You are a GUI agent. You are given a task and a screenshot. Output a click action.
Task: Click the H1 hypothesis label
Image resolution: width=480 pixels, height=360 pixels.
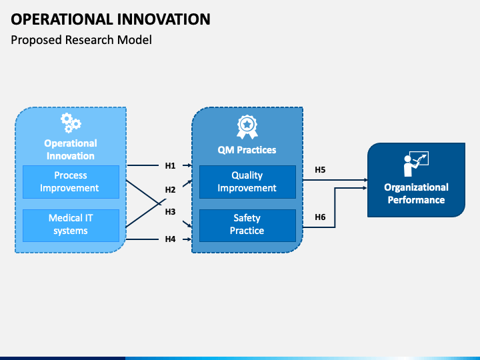tap(170, 165)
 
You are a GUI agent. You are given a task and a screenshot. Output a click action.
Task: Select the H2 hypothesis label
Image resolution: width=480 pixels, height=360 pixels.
tap(170, 190)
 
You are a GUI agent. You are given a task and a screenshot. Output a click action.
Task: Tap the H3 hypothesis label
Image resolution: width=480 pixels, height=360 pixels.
tap(170, 211)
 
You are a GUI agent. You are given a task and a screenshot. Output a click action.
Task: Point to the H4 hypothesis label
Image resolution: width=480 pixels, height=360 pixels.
tap(170, 239)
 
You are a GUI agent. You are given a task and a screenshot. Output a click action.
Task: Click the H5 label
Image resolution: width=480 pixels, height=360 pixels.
tap(320, 170)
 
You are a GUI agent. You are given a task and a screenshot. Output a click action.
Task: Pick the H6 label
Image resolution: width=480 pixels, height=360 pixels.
tap(320, 217)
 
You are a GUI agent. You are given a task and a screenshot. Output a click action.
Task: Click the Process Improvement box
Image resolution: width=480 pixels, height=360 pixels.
tap(71, 182)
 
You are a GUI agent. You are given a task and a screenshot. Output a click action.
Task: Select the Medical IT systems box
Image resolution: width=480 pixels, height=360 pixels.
tap(71, 225)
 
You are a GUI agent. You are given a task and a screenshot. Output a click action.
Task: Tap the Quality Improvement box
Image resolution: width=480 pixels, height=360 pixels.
tap(247, 182)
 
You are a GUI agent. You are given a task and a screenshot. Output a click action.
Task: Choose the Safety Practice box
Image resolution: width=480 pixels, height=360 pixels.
tap(247, 225)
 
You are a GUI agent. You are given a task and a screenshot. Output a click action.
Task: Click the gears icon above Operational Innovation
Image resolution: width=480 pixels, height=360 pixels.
tap(71, 123)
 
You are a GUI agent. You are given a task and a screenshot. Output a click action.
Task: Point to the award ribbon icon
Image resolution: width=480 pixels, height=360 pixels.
tap(247, 127)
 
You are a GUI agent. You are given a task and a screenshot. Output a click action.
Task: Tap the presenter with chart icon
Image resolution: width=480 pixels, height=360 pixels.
tap(416, 164)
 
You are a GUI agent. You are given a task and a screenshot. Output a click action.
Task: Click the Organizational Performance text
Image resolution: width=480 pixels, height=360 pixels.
tap(416, 193)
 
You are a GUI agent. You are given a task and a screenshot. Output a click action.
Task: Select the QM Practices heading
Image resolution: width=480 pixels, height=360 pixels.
tap(247, 150)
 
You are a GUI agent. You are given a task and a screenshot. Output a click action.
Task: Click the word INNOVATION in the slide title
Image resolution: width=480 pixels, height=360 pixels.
tap(164, 19)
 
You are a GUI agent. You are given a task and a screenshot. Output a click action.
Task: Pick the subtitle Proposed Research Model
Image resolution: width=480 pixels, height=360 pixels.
tap(81, 40)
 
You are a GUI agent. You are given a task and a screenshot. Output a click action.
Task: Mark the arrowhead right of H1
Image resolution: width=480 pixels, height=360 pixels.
tap(190, 165)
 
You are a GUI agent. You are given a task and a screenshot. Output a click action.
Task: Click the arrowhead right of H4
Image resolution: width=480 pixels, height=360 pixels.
tap(190, 239)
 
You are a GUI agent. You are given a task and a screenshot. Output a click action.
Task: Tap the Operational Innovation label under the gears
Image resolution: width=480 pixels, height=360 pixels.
tap(71, 150)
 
